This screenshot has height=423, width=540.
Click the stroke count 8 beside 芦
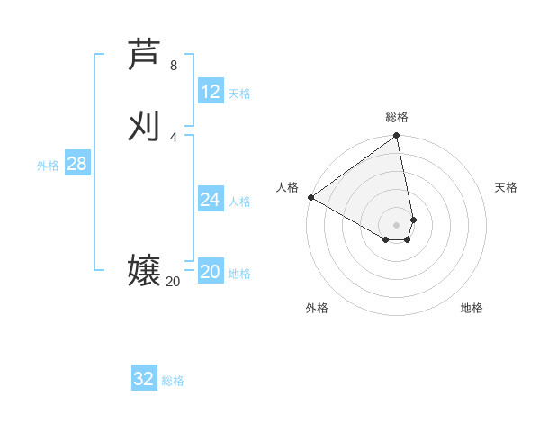click(174, 66)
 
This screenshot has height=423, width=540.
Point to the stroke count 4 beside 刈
click(174, 137)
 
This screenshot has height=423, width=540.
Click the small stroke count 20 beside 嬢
click(173, 282)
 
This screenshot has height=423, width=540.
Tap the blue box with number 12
click(211, 92)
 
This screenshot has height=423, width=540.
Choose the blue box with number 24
click(211, 200)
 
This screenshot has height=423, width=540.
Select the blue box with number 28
click(76, 164)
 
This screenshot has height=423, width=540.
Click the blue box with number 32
click(144, 379)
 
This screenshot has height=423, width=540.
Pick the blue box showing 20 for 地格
click(211, 273)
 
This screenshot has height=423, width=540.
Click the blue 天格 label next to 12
click(239, 94)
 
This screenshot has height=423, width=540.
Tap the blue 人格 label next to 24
click(239, 202)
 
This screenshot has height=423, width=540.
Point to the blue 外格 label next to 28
click(48, 166)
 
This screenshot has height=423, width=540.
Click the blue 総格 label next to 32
click(173, 381)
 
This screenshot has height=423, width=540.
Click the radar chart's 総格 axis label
click(397, 117)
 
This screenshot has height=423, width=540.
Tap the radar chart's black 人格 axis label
click(287, 186)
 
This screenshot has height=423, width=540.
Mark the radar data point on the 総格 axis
click(397, 137)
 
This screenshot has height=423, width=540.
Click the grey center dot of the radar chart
click(397, 224)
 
